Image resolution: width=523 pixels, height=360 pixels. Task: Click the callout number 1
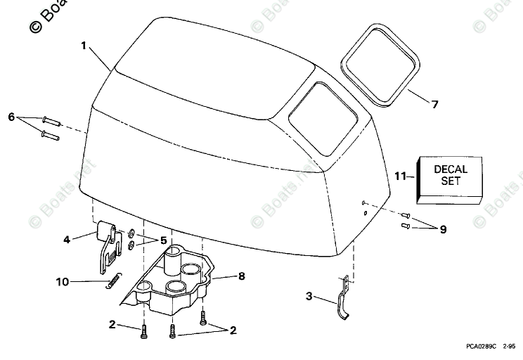tap(83, 46)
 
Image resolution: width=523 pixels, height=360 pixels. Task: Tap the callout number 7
tap(434, 105)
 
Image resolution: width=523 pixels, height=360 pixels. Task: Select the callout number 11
tap(399, 176)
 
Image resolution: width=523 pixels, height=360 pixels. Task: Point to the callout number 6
tap(11, 116)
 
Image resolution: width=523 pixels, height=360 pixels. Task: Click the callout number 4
tap(67, 240)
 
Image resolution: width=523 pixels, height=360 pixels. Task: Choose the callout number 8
tap(241, 276)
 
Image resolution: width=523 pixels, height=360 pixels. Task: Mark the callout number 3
tap(310, 296)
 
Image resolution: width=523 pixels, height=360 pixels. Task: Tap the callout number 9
tap(442, 229)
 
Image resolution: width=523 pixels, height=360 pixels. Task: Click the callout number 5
tap(163, 240)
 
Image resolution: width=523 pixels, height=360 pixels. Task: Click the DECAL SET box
tap(450, 174)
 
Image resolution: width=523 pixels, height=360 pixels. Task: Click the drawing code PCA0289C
tap(481, 347)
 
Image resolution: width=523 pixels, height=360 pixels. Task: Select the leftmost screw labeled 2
tap(143, 329)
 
